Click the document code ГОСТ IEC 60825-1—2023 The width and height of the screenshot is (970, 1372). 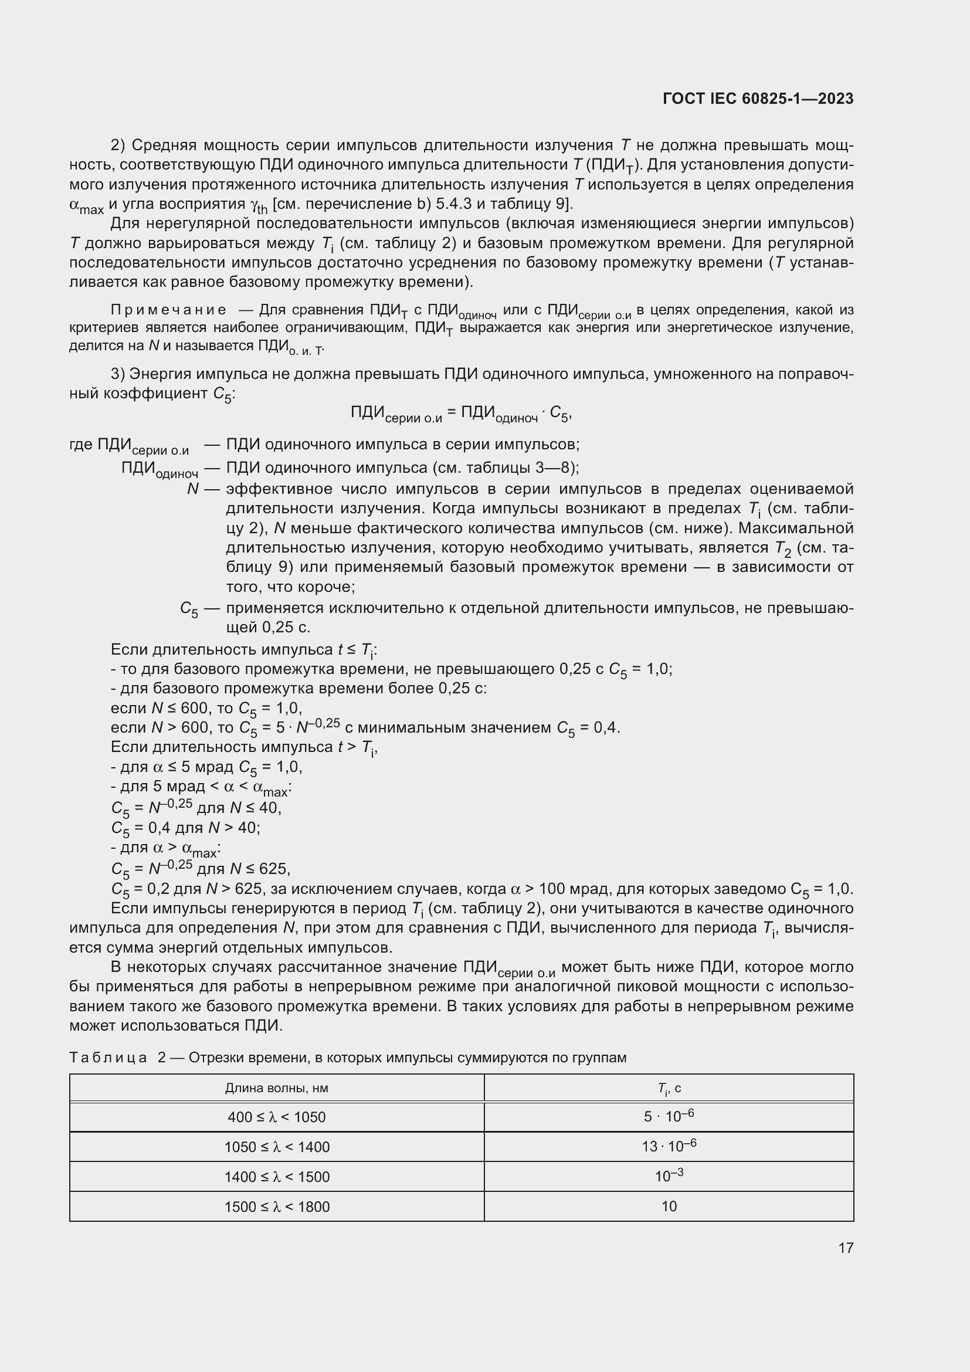click(758, 99)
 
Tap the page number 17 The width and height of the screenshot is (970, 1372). click(846, 1248)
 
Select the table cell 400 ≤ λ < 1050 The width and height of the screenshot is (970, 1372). click(277, 1117)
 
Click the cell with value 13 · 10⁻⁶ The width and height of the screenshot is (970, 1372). click(669, 1147)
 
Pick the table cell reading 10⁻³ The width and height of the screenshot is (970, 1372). click(669, 1177)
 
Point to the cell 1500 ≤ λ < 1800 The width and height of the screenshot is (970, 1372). click(277, 1207)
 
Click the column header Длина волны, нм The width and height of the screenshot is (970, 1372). click(277, 1088)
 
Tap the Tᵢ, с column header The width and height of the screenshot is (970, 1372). click(669, 1088)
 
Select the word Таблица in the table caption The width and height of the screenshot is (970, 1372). click(108, 1058)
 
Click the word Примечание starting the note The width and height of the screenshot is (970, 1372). click(168, 310)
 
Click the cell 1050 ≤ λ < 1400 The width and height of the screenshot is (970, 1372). click(277, 1147)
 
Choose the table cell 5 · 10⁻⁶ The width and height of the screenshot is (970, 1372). click(669, 1117)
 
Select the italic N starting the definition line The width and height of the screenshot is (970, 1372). click(192, 489)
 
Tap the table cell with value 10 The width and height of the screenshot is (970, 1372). click(669, 1207)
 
